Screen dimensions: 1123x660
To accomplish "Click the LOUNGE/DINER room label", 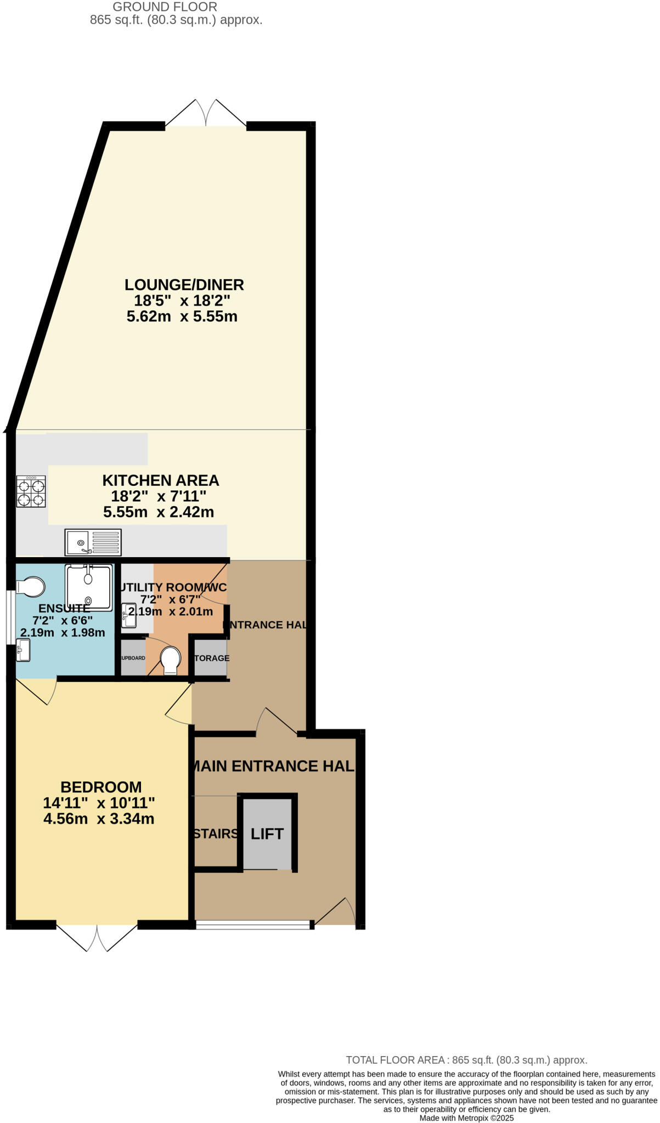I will click(x=184, y=285).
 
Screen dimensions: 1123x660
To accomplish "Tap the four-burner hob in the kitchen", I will click(x=31, y=492).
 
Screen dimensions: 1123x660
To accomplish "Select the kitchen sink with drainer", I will click(x=93, y=542).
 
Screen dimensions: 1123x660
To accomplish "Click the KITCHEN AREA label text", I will click(x=160, y=480).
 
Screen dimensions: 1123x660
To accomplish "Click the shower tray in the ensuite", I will click(x=89, y=587).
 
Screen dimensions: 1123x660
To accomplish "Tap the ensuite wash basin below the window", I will click(x=23, y=650).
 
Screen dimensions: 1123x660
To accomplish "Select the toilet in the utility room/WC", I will click(x=171, y=660).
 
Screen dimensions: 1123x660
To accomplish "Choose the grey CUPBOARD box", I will click(x=133, y=658).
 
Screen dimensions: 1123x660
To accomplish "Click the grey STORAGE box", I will click(x=211, y=658).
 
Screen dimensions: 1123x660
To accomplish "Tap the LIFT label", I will click(x=267, y=834).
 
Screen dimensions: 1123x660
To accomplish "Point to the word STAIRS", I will click(x=216, y=834).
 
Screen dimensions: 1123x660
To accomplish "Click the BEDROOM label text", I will click(x=101, y=787).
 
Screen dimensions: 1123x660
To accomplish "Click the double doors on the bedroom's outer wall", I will click(x=97, y=938).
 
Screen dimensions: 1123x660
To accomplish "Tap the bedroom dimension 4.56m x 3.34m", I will click(x=99, y=819).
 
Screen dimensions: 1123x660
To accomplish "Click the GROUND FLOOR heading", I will click(x=165, y=7).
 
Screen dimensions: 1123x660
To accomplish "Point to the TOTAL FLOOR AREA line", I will click(x=466, y=1060).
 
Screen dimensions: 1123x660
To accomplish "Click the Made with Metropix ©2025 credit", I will click(x=466, y=1118).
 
